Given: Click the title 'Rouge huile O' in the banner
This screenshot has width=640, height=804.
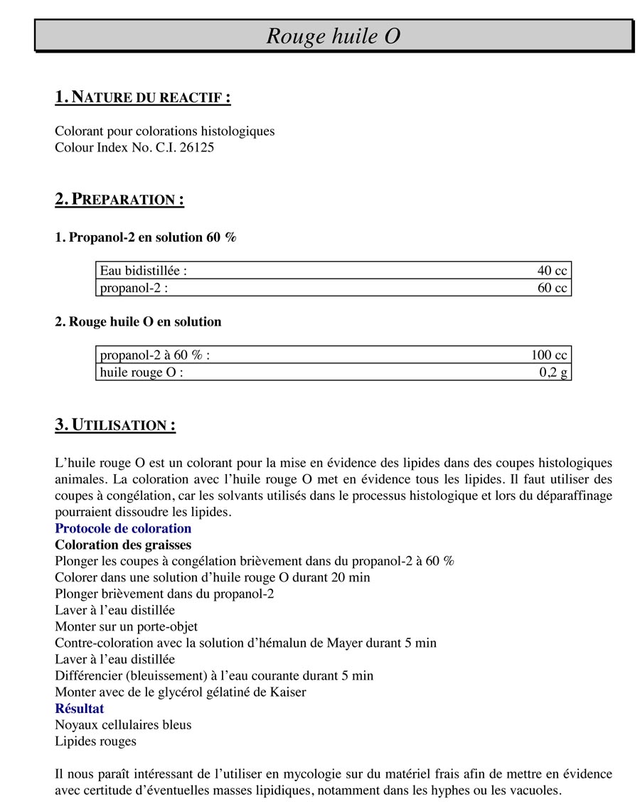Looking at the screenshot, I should tap(333, 36).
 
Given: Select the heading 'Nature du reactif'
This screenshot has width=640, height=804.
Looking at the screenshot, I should tap(142, 97).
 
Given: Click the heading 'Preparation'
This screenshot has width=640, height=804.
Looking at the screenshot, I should tap(119, 199).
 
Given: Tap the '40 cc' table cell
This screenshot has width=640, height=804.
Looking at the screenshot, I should tap(552, 271).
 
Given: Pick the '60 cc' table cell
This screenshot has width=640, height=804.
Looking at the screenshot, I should tap(552, 288).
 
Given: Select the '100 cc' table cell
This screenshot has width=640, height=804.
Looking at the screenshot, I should tap(549, 355).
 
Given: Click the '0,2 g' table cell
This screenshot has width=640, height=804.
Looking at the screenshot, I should tap(553, 372).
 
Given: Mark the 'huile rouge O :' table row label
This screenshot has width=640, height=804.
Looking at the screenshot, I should tap(142, 372).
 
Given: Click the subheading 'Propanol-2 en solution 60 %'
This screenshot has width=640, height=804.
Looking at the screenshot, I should tap(145, 237).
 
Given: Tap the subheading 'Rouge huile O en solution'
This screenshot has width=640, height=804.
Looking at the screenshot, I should tap(138, 322).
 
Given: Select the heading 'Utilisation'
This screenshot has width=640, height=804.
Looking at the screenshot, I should tap(115, 426).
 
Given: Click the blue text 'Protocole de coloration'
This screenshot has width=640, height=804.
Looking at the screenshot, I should tap(123, 529).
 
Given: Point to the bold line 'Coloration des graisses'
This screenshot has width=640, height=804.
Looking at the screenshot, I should tap(123, 545).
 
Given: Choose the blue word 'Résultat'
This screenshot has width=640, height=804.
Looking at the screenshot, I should tap(79, 709).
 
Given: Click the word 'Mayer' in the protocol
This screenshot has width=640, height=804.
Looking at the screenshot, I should tap(345, 643).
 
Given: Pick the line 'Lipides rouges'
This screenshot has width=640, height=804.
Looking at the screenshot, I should tap(95, 741).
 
